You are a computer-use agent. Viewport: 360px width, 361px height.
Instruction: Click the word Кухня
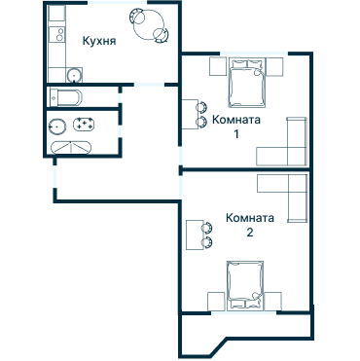point(99,41)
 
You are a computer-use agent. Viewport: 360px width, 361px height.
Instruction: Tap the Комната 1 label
point(236,126)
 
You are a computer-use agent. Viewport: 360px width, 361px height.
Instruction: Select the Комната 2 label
point(250,225)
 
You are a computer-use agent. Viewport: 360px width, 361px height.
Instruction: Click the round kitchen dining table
point(149,24)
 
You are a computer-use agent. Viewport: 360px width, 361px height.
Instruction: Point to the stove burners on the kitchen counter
point(57,34)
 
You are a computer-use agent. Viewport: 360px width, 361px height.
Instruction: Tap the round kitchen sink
point(75,75)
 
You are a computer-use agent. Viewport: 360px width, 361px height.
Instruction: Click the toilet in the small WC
point(66,97)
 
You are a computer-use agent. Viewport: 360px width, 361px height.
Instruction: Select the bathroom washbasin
point(57,126)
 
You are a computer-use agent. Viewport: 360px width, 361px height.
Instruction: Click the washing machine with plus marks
point(85,124)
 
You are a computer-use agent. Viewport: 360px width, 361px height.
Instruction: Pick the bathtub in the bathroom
point(71,148)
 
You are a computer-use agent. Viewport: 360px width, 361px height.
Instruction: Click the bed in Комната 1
point(247,83)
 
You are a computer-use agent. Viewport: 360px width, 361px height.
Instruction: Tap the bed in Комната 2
point(244,285)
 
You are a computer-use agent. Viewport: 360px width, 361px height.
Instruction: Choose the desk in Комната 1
point(190,114)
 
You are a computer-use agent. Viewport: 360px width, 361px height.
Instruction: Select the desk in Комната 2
point(195,235)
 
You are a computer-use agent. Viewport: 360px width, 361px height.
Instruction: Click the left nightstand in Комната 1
point(217,66)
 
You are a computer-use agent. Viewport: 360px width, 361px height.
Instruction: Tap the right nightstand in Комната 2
point(273,302)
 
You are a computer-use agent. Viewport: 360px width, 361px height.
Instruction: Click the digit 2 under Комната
point(250,233)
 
